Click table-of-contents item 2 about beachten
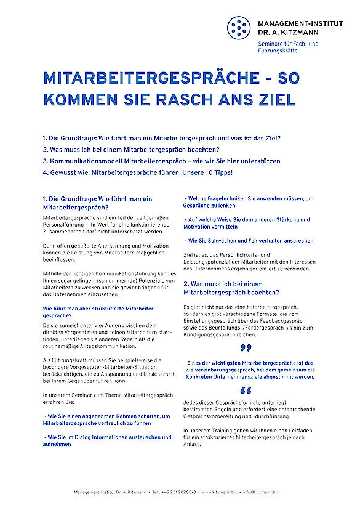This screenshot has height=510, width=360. point(131,149)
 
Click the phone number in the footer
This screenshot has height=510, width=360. point(174,492)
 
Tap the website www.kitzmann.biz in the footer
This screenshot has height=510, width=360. point(220,492)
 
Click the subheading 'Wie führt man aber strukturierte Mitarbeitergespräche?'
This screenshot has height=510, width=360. point(98,309)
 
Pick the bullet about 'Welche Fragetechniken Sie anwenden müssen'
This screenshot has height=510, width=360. point(249,202)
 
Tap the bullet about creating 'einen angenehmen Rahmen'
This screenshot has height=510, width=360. point(105,420)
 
